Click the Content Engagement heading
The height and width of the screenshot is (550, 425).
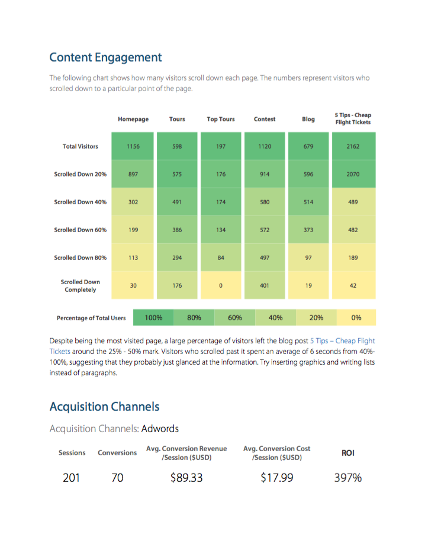point(105,57)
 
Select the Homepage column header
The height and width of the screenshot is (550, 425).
point(133,119)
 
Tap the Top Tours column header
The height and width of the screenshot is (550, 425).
point(221,119)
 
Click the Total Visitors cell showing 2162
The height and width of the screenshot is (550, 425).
point(353,146)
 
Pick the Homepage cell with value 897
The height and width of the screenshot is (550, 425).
point(133,174)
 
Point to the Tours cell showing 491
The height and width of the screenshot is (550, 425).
point(177,202)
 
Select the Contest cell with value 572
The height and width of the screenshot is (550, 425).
point(265,230)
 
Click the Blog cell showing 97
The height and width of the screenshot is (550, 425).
point(308,258)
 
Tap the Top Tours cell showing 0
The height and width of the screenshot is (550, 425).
point(221,285)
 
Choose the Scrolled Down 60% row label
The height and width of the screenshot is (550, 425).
point(81,230)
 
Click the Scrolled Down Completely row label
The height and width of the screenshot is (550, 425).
point(81,286)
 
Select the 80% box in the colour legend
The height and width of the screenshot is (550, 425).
point(194,317)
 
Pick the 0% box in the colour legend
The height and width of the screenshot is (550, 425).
point(356,317)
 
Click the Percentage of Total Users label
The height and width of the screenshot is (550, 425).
point(91,318)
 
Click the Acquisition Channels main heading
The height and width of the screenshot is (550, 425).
point(105,407)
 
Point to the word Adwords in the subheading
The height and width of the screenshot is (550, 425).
point(160,428)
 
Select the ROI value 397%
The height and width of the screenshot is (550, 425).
point(348,477)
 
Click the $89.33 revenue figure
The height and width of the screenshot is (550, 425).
point(186,477)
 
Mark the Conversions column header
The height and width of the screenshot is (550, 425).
point(117,453)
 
